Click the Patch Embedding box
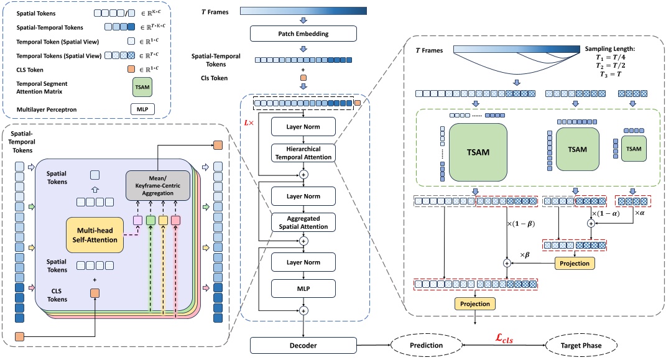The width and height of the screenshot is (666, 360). pos(303,34)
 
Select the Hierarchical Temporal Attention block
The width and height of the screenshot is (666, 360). pos(303,154)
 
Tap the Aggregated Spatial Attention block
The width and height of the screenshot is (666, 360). pos(303,221)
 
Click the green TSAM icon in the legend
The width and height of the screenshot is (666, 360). pos(142,86)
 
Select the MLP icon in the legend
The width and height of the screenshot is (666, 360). pos(142,109)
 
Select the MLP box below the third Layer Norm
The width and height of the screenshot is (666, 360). pos(303,288)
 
